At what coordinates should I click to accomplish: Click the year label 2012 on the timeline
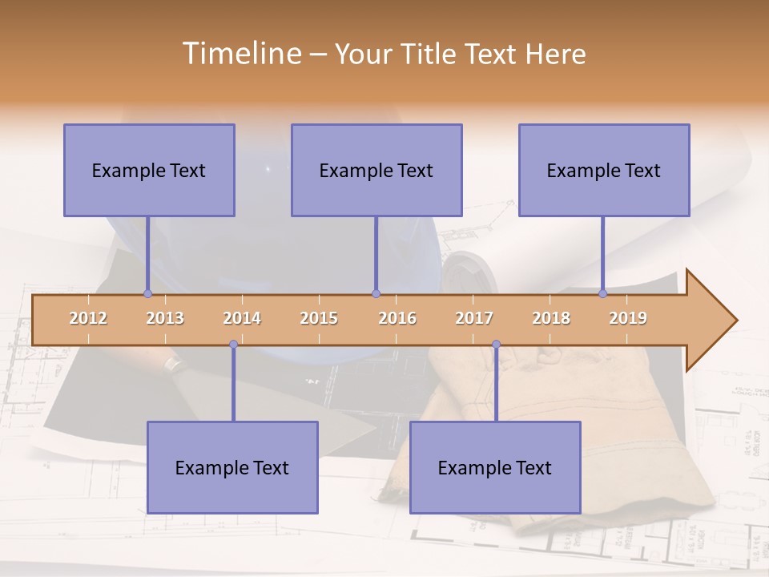88,318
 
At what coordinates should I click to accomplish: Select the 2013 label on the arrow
165,318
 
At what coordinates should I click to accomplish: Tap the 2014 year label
242,318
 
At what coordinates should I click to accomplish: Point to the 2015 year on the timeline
319,318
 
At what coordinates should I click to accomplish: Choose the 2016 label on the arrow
397,318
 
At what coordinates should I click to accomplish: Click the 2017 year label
474,318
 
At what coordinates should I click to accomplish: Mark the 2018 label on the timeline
551,318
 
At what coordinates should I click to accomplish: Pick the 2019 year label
628,318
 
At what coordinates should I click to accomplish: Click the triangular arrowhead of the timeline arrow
709,320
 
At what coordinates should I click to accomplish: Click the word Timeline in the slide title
240,54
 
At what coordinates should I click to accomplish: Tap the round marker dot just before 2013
147,293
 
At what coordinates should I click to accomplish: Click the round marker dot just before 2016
376,293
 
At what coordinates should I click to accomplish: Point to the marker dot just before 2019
603,293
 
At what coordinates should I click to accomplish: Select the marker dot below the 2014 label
233,344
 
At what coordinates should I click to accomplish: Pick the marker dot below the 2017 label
496,344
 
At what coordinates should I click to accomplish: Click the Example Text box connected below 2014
232,467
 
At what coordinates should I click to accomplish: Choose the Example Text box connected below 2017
495,467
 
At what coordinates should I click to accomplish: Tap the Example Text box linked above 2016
376,170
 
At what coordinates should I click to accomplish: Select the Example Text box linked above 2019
604,170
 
